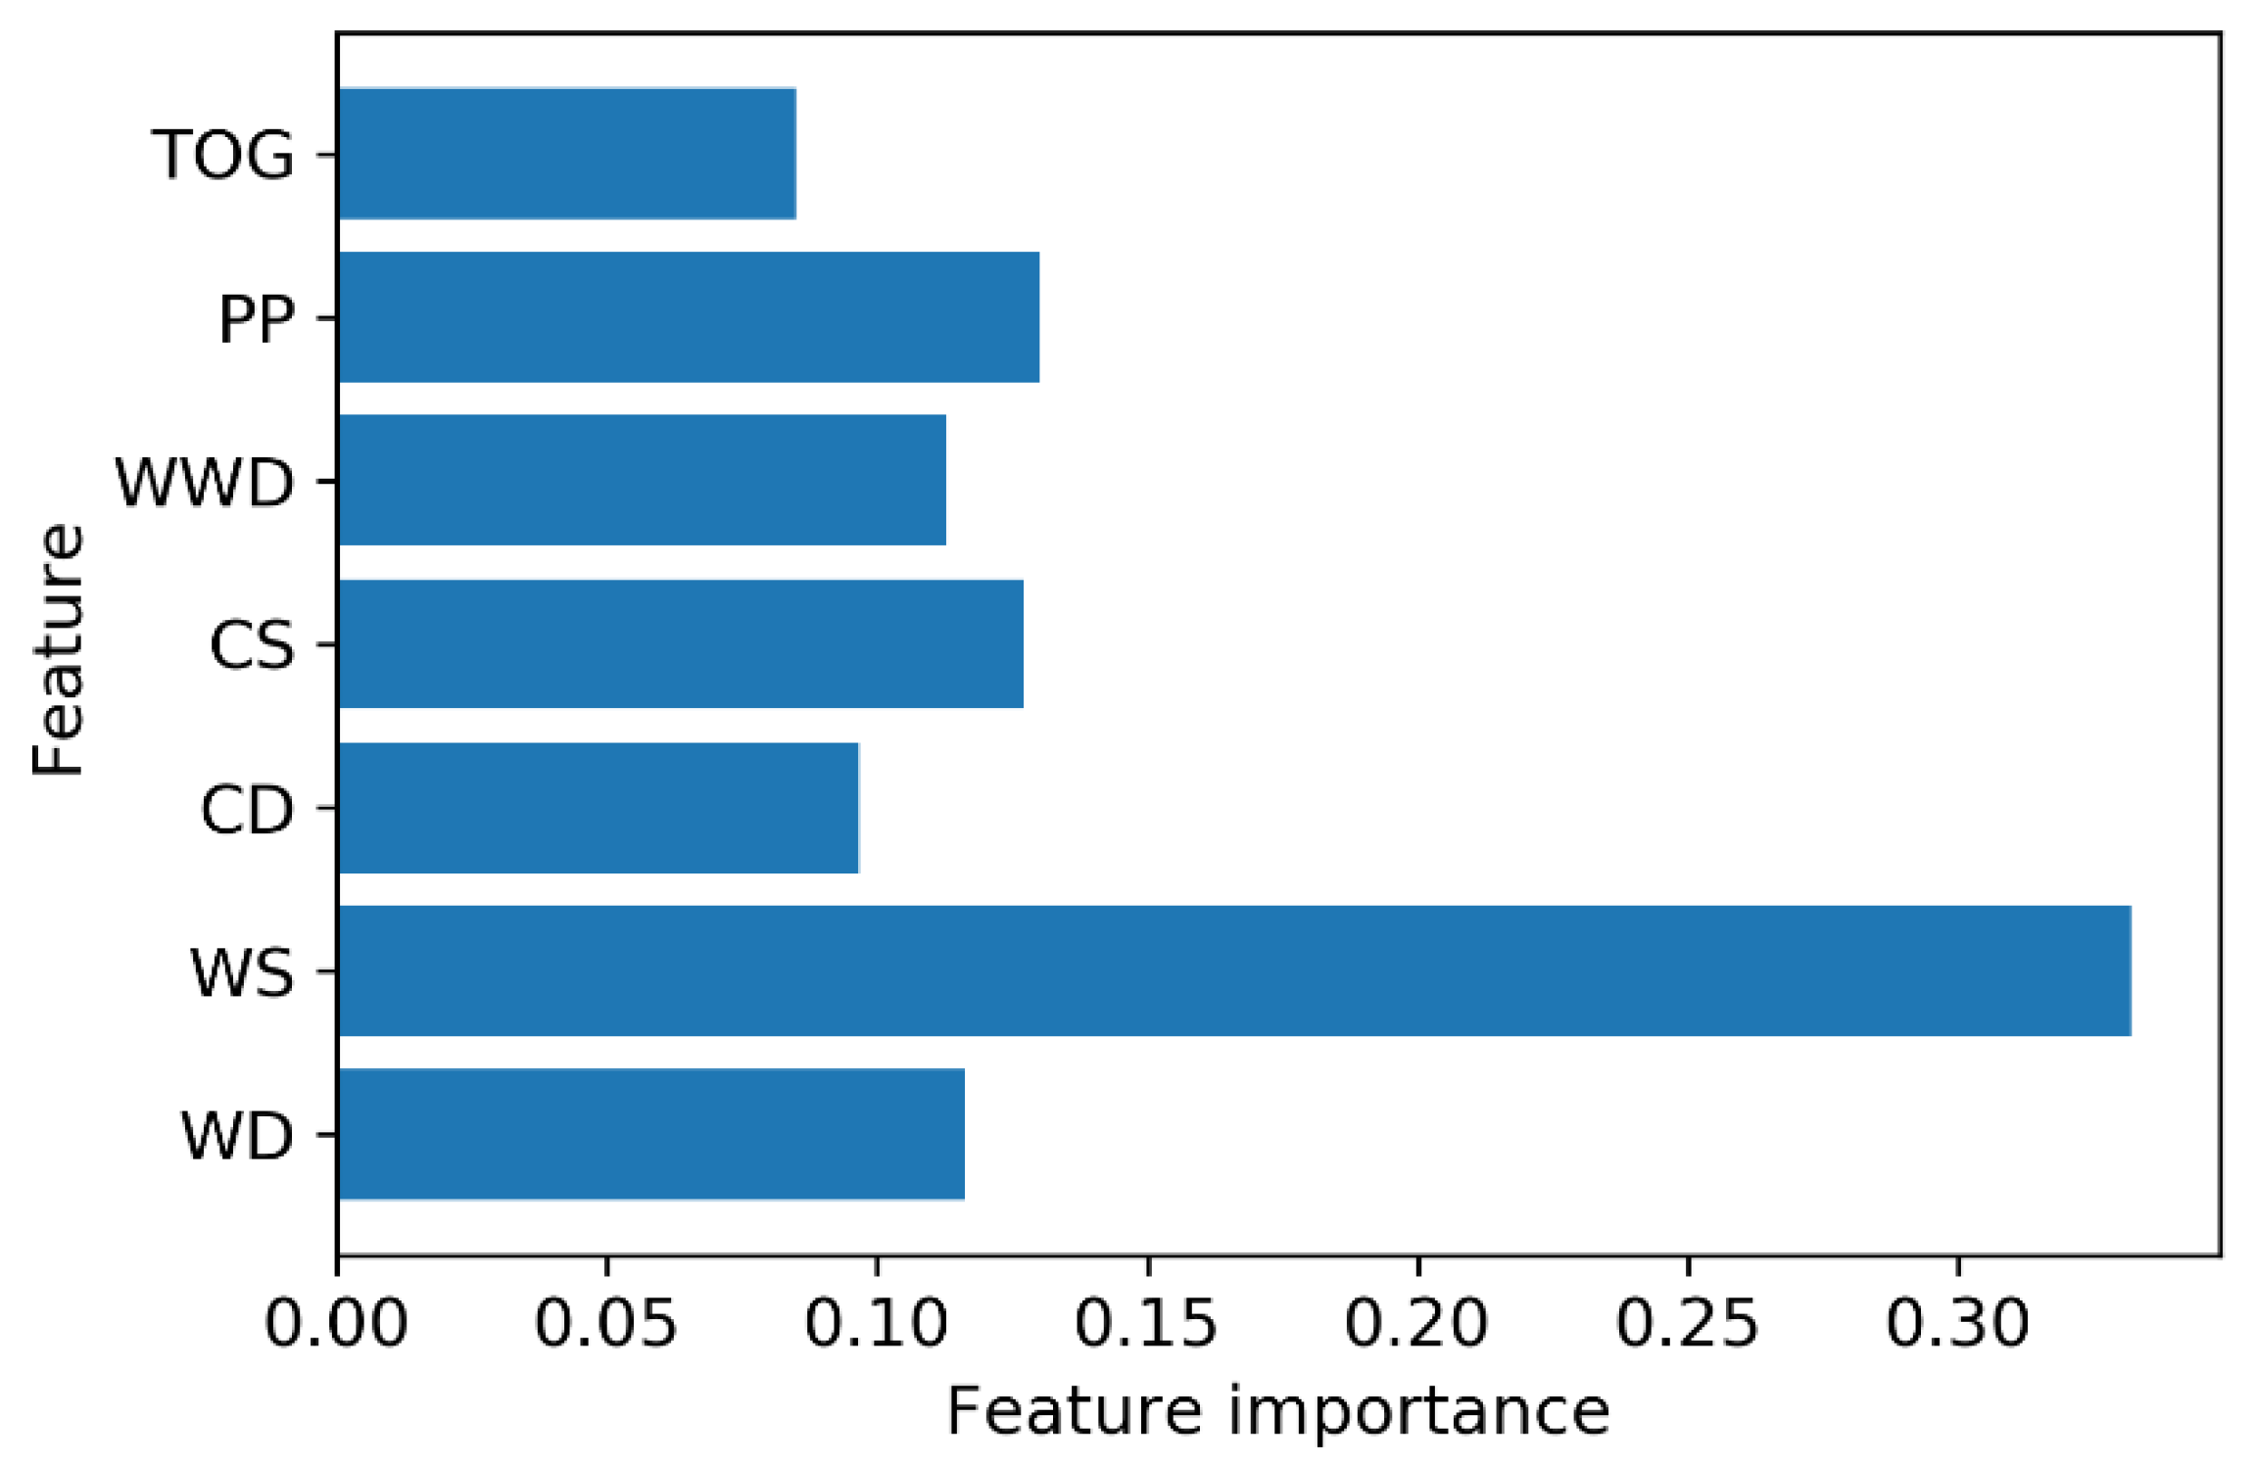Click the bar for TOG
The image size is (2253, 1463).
click(566, 154)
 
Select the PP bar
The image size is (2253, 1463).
click(688, 317)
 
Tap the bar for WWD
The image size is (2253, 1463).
click(642, 480)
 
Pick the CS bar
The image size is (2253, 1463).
click(680, 643)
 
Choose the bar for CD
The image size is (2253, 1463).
click(598, 808)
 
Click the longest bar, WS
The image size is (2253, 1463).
click(1233, 970)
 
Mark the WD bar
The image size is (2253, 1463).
click(650, 1134)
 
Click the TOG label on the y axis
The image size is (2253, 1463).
click(222, 155)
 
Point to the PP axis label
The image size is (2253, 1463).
click(256, 318)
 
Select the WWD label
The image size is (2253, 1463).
click(205, 482)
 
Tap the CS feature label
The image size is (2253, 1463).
click(252, 645)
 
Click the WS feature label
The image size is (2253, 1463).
click(242, 972)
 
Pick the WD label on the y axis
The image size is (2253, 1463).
click(237, 1136)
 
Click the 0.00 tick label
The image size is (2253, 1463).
click(336, 1323)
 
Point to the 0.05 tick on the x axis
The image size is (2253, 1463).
click(605, 1323)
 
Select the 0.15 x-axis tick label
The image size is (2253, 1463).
click(1146, 1323)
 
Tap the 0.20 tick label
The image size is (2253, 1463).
click(1416, 1323)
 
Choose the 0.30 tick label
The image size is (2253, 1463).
click(1957, 1323)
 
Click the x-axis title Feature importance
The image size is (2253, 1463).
click(1277, 1412)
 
